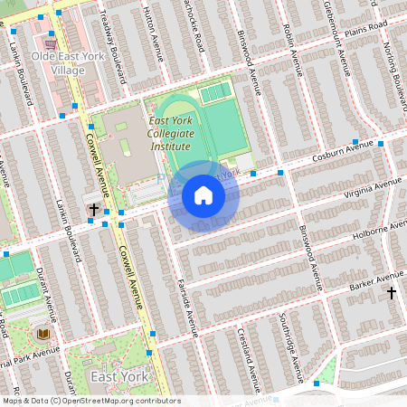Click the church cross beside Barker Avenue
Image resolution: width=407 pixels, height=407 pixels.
coord(392,293)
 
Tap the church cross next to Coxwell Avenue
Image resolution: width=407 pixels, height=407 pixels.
coord(93,210)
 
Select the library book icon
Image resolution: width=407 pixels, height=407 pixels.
coord(43,334)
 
